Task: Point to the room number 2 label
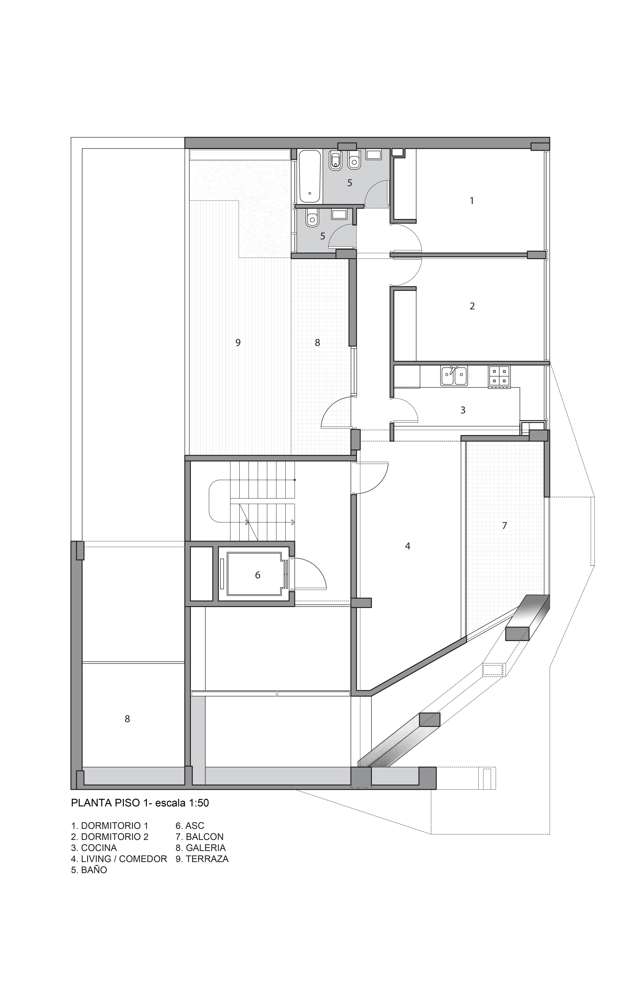(472, 306)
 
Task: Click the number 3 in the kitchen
(463, 410)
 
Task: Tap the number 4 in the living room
(408, 546)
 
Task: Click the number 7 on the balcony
(504, 526)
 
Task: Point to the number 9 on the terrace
(238, 342)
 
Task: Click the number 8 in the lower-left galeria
(127, 719)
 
